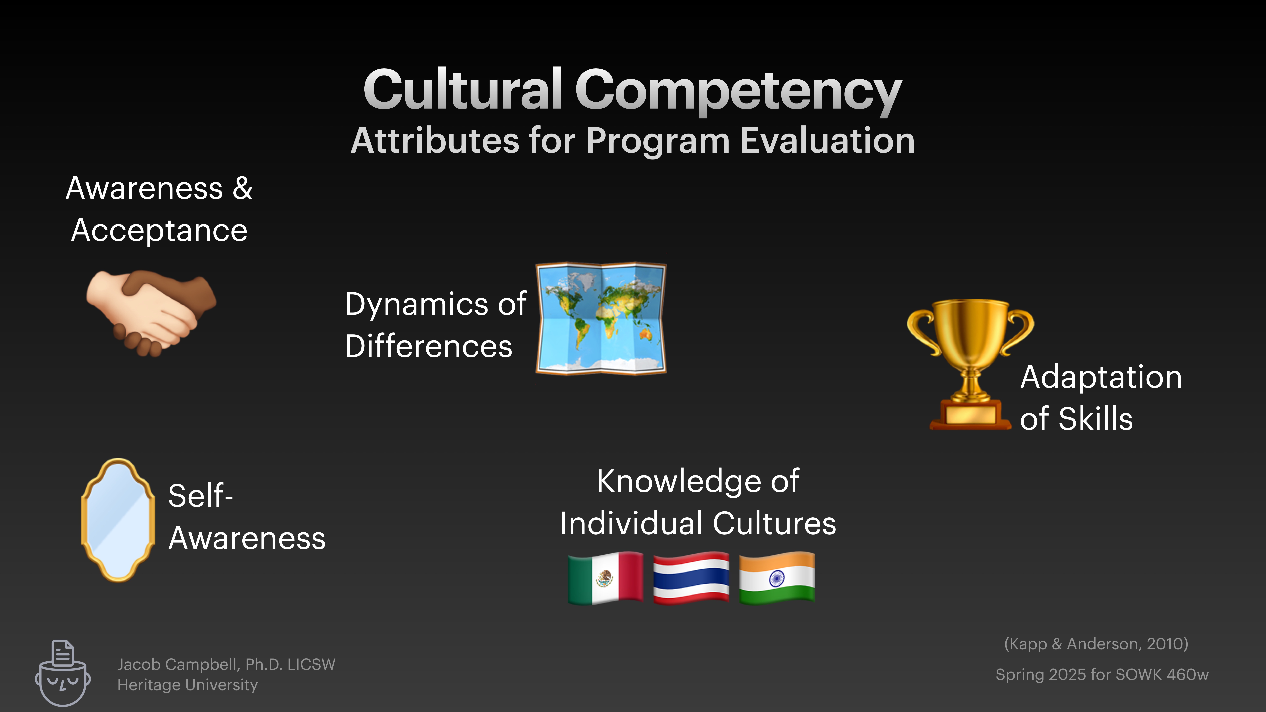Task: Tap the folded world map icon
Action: tap(601, 318)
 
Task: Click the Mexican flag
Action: tap(605, 578)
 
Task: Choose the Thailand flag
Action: tap(691, 578)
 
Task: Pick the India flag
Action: tap(776, 578)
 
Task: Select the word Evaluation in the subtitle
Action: tap(827, 141)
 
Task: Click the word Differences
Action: tap(428, 346)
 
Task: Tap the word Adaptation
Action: tap(1101, 377)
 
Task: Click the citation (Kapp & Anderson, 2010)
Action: tap(1096, 644)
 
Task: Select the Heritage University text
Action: tap(187, 685)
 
